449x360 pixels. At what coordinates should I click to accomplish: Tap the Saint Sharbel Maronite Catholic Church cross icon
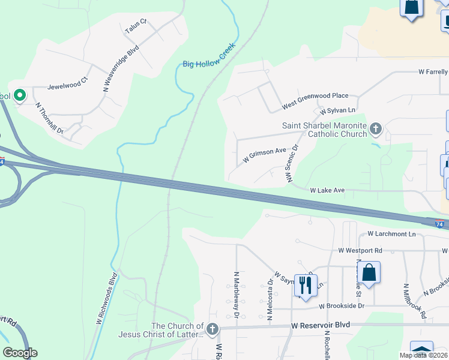click(375, 128)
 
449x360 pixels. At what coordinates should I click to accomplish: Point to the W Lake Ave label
click(327, 190)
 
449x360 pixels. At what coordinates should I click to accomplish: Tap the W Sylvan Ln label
click(338, 111)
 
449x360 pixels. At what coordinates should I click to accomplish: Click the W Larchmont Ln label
click(391, 234)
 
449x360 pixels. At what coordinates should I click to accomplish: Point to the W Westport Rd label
click(360, 250)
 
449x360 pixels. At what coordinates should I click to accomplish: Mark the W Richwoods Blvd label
click(106, 299)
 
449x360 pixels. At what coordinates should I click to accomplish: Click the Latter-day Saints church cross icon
click(212, 329)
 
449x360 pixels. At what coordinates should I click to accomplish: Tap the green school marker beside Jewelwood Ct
click(19, 95)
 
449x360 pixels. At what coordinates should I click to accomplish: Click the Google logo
click(20, 352)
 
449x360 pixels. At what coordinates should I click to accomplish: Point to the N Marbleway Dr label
click(237, 294)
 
